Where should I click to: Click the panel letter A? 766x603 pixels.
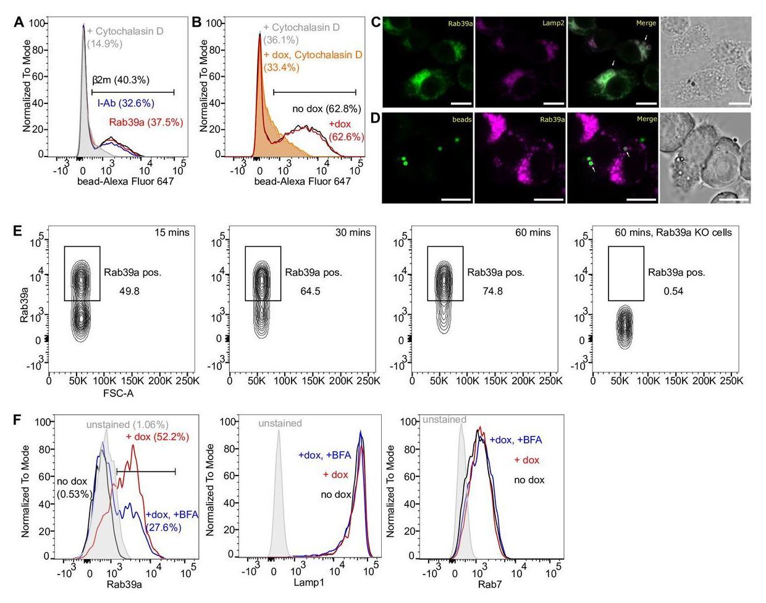click(x=19, y=22)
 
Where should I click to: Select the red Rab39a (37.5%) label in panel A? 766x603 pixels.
click(x=146, y=122)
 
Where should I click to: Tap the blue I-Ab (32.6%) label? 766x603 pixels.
click(x=125, y=103)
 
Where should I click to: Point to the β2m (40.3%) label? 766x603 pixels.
click(x=120, y=80)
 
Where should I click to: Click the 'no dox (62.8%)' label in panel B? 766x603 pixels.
click(x=326, y=109)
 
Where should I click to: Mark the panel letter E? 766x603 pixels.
click(x=19, y=231)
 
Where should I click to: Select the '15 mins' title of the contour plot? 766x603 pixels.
click(x=172, y=233)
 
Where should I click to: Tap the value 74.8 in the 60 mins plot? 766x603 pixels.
click(x=492, y=291)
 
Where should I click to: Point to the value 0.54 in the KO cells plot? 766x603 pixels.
click(x=673, y=291)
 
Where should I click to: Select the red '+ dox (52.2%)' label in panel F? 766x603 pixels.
click(x=157, y=437)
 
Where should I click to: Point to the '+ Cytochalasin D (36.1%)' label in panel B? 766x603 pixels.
click(x=300, y=33)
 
